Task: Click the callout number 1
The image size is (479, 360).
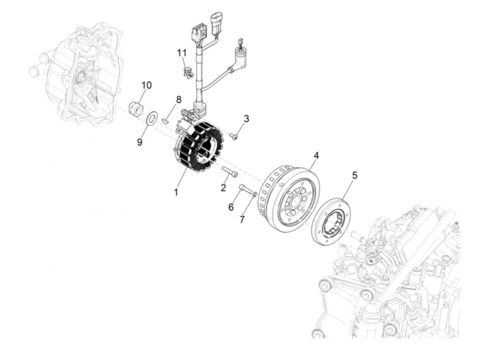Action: point(176,192)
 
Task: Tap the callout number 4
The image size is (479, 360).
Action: point(316,156)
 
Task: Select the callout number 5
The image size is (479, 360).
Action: point(354,176)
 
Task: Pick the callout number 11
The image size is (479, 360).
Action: point(182,53)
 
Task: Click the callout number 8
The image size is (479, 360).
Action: point(178,100)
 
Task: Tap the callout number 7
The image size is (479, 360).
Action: point(242,219)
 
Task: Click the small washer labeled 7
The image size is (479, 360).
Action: point(255,194)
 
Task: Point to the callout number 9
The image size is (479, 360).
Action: point(140,142)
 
